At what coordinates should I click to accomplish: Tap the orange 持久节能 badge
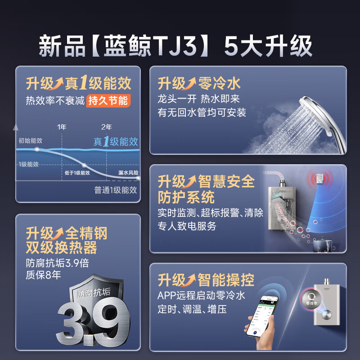click(108, 100)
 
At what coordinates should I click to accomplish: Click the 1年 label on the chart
click(62, 127)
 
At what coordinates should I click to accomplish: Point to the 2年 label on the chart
click(106, 127)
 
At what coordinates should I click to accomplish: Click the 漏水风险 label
click(128, 172)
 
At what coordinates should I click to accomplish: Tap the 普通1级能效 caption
click(116, 189)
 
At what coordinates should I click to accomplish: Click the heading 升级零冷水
click(199, 83)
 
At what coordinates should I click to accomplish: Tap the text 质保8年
click(43, 275)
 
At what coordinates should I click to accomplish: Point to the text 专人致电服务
click(187, 226)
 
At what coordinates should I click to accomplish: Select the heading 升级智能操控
click(206, 280)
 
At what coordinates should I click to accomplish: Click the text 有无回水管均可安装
click(202, 112)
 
